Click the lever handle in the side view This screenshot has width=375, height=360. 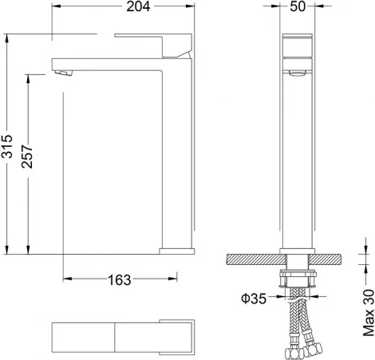[156, 43]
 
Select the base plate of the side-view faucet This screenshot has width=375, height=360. [176, 251]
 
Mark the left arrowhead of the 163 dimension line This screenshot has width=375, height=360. [66, 279]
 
